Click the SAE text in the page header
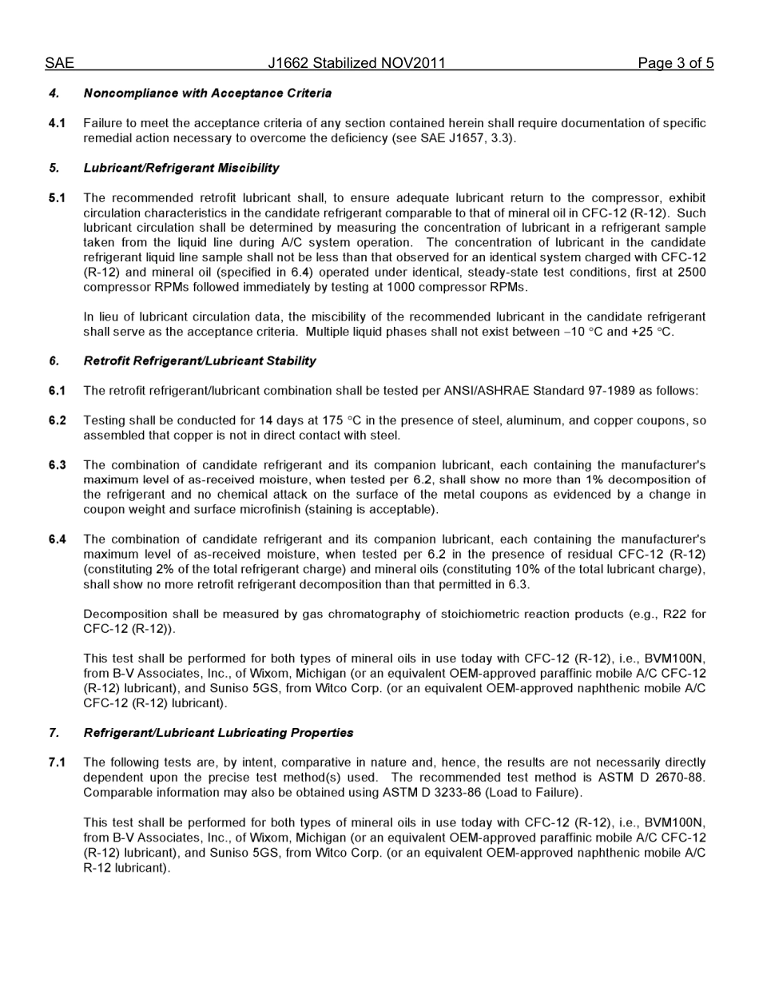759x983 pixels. tap(59, 63)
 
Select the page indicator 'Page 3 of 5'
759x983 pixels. tap(675, 63)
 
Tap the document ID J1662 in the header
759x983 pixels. tap(289, 63)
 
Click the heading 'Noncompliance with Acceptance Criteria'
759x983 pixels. tap(208, 94)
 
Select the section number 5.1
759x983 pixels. tap(57, 198)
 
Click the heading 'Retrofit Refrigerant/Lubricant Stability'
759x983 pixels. tap(200, 361)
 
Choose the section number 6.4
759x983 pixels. tap(57, 539)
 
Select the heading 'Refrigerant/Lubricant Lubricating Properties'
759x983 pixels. tap(218, 733)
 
